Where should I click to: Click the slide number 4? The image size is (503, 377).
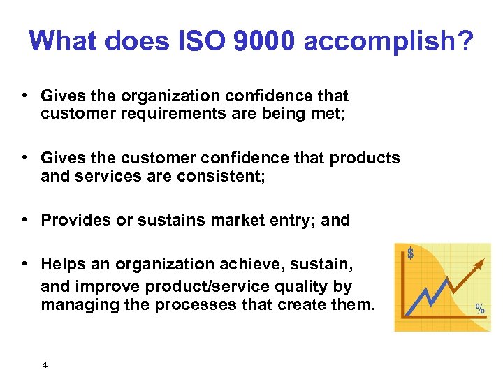pyautogui.click(x=45, y=364)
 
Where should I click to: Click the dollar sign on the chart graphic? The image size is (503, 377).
pyautogui.click(x=410, y=253)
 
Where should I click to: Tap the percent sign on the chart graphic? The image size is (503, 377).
pyautogui.click(x=481, y=309)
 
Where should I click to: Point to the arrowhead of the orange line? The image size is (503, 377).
pyautogui.click(x=481, y=260)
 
